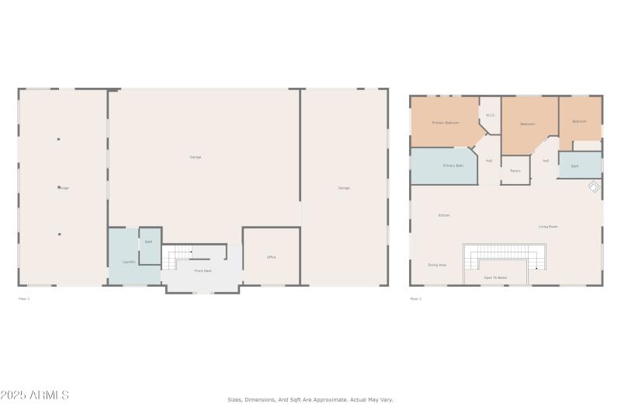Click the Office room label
(272, 257)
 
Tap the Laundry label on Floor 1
(129, 262)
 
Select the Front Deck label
(203, 270)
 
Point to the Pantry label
(515, 170)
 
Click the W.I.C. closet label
(491, 116)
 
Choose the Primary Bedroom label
(446, 123)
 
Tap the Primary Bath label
(453, 165)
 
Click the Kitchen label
(444, 215)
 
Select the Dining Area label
(437, 265)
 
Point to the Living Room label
(549, 227)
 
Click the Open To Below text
(495, 277)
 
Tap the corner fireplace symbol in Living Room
(593, 187)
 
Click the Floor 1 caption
(24, 298)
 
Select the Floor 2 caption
(416, 298)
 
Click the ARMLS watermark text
(35, 395)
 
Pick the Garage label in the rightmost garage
(344, 188)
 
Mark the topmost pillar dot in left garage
(59, 140)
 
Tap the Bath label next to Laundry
(148, 242)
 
